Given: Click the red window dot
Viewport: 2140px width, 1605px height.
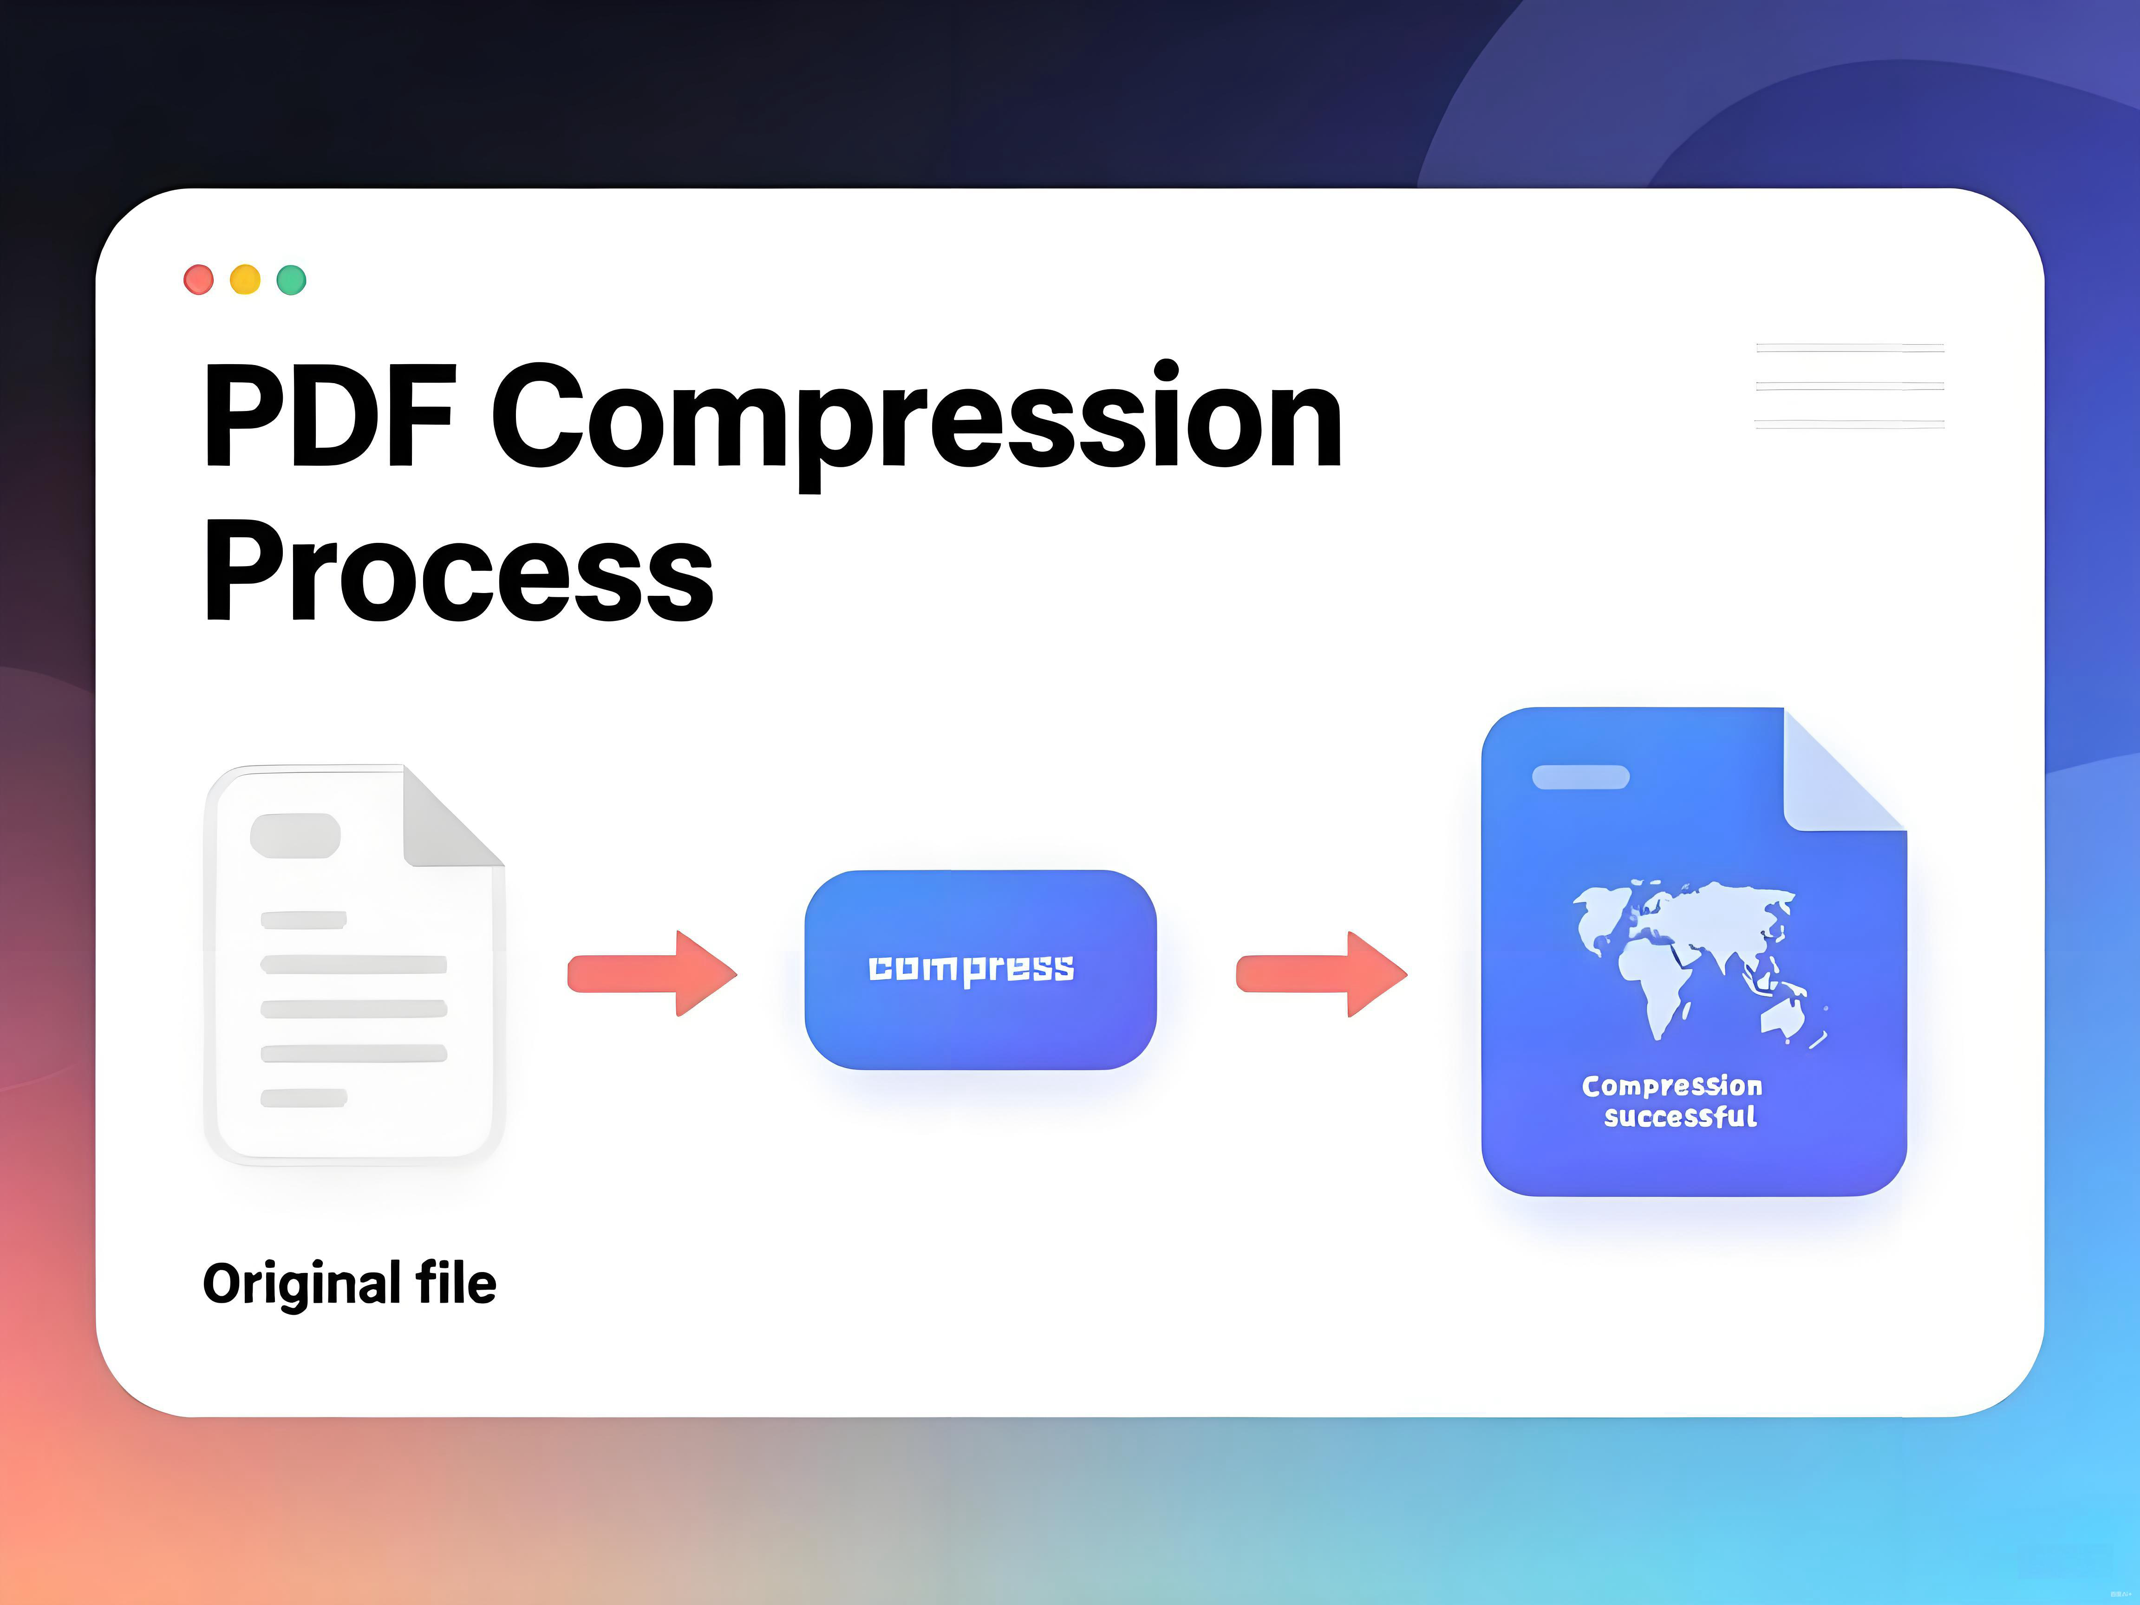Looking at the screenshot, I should [198, 280].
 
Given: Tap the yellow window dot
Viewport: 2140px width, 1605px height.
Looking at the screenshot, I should [245, 280].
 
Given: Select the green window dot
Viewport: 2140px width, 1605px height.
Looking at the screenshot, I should [291, 280].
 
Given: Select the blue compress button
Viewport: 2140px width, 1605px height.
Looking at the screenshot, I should [980, 969].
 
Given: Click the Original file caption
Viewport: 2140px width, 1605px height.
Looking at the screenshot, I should [349, 1284].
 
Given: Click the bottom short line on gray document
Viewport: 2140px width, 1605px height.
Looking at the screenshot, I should [304, 1097].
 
